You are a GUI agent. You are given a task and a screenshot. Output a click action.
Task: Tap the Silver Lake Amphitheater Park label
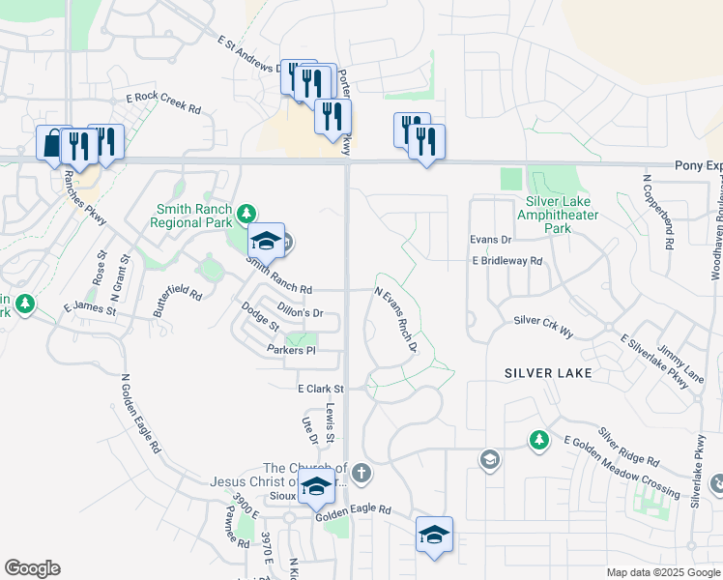pos(558,215)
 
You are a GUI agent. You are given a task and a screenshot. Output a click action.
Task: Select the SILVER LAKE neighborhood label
pos(546,372)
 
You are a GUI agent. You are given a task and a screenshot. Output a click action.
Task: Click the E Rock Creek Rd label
pos(162,103)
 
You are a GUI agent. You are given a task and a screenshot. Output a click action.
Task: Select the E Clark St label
pos(320,388)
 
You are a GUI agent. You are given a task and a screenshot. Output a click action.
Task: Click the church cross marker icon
pos(361,473)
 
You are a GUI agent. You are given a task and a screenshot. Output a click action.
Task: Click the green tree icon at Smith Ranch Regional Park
pos(247,212)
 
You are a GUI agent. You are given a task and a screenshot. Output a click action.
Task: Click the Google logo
pos(32,568)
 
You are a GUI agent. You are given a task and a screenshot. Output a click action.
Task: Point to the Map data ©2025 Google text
pos(662,572)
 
